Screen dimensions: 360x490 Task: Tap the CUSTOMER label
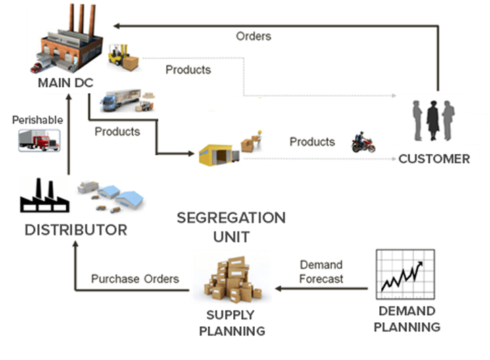433,159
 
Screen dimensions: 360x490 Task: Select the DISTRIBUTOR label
76,230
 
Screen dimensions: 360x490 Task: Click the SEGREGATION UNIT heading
230,227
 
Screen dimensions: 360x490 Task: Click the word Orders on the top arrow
253,36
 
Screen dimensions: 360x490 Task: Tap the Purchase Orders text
135,278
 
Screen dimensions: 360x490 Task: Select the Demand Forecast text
321,272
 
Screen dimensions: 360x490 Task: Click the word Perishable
37,120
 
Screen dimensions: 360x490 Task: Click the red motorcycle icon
362,143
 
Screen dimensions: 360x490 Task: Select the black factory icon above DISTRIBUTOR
44,195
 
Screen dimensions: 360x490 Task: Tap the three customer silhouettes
433,120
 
